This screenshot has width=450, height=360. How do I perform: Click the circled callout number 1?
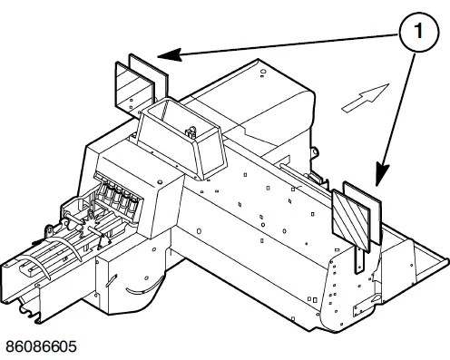pyautogui.click(x=419, y=31)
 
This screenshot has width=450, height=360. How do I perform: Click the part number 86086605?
pyautogui.click(x=41, y=346)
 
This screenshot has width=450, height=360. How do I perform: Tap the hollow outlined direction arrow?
pyautogui.click(x=366, y=98)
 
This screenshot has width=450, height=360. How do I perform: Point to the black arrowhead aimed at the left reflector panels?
pyautogui.click(x=170, y=54)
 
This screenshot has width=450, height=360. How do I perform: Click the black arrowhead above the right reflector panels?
pyautogui.click(x=383, y=174)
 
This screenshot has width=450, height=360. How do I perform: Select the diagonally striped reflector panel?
pyautogui.click(x=351, y=220)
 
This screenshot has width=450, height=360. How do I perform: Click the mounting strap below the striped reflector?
pyautogui.click(x=359, y=259)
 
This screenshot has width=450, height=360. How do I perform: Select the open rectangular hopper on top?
pyautogui.click(x=182, y=138)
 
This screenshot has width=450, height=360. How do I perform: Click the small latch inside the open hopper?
pyautogui.click(x=191, y=133)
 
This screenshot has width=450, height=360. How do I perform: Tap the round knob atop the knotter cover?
pyautogui.click(x=160, y=182)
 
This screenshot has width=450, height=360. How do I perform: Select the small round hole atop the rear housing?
pyautogui.click(x=263, y=73)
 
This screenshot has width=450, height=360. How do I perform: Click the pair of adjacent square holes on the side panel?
pyautogui.click(x=312, y=299)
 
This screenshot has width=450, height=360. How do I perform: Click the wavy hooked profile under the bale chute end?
pyautogui.click(x=29, y=313)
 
